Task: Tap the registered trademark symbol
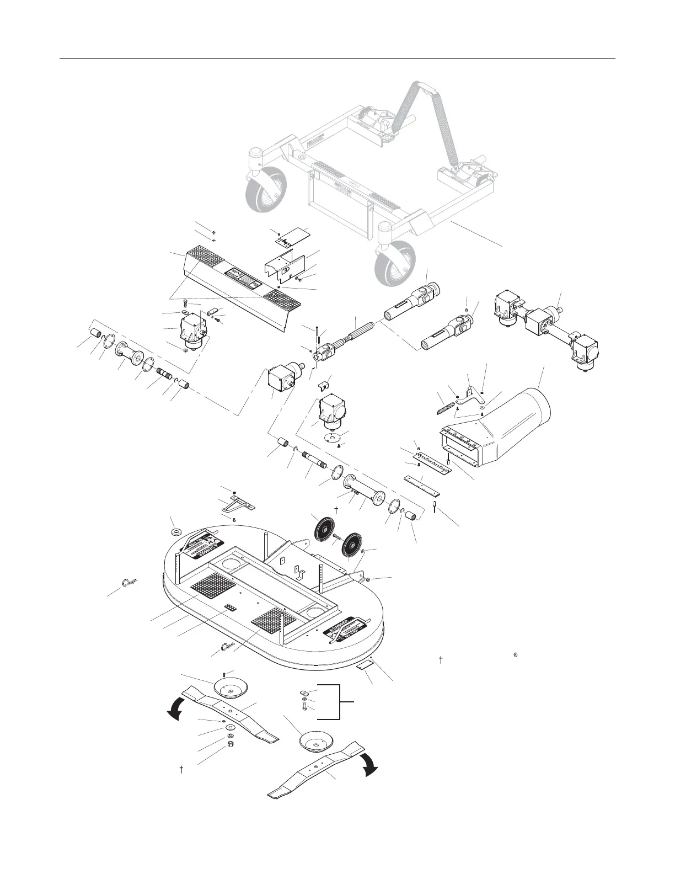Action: [514, 655]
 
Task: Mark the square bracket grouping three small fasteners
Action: [337, 702]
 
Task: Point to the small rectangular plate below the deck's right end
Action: [365, 666]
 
